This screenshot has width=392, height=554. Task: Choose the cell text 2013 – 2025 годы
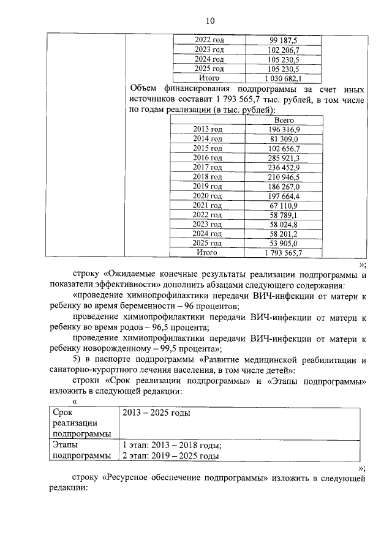click(156, 413)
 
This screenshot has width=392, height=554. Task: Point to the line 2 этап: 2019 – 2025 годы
click(170, 456)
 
